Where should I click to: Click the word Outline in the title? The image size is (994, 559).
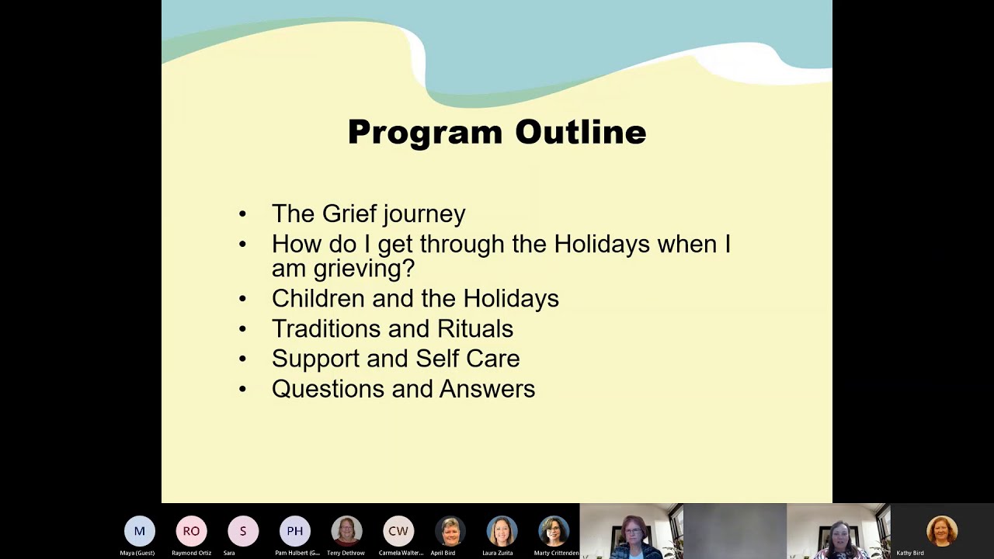pyautogui.click(x=580, y=133)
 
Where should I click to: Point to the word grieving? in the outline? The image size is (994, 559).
pyautogui.click(x=363, y=269)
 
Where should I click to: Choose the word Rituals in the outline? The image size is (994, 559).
pyautogui.click(x=474, y=328)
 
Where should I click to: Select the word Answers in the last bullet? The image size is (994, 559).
pyautogui.click(x=487, y=389)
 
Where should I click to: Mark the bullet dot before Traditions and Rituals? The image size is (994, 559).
pyautogui.click(x=243, y=329)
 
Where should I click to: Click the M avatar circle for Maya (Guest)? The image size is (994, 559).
pyautogui.click(x=140, y=531)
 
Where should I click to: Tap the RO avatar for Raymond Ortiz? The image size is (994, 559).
pyautogui.click(x=191, y=531)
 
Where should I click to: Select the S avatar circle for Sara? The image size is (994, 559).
pyautogui.click(x=243, y=531)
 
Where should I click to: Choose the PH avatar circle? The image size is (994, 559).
pyautogui.click(x=295, y=531)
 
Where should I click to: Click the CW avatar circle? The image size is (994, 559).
pyautogui.click(x=398, y=531)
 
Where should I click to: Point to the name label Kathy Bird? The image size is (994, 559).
pyautogui.click(x=910, y=553)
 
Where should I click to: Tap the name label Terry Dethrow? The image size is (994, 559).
pyautogui.click(x=346, y=553)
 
